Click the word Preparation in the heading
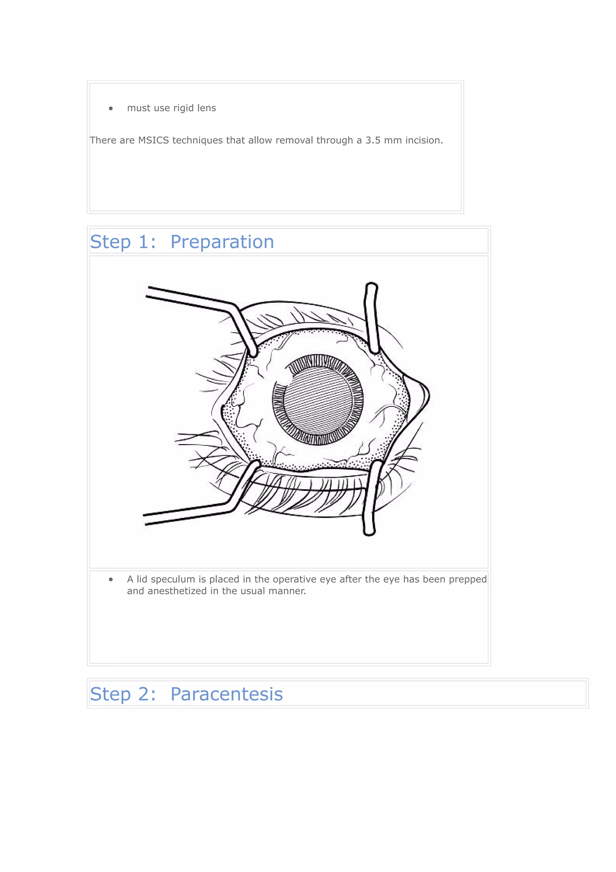pyautogui.click(x=222, y=242)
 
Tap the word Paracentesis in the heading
pyautogui.click(x=226, y=694)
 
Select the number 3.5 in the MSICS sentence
pyautogui.click(x=373, y=140)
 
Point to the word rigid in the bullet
pyautogui.click(x=183, y=108)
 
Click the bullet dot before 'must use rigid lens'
pyautogui.click(x=111, y=109)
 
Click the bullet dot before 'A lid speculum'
pyautogui.click(x=111, y=580)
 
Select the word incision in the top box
pyautogui.click(x=424, y=140)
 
